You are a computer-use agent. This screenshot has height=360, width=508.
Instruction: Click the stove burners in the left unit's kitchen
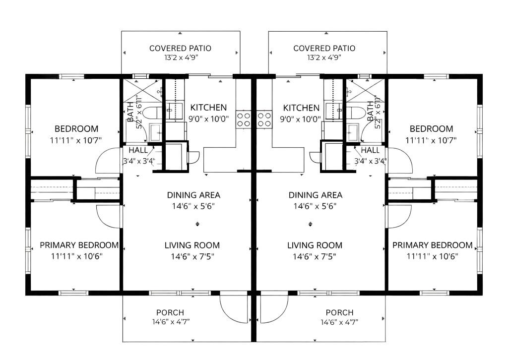tap(244, 120)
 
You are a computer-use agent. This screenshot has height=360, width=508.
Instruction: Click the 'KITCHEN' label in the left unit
tap(208, 107)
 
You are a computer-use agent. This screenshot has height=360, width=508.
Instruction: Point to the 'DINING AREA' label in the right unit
tap(316, 195)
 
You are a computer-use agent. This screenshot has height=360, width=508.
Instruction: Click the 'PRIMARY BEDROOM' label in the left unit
tap(79, 245)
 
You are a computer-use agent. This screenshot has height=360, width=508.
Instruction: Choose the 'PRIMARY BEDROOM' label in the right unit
tap(432, 245)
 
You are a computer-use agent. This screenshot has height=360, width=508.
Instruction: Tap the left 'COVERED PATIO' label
tap(180, 48)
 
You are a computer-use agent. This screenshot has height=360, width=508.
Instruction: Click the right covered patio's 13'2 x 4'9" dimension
tap(324, 58)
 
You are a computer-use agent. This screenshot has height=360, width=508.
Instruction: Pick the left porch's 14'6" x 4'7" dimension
tap(170, 322)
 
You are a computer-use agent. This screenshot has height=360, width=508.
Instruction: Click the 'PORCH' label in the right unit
tap(339, 312)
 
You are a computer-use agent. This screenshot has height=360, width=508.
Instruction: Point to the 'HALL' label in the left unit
tap(138, 150)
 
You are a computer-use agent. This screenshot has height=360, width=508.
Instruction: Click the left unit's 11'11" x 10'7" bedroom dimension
tap(76, 140)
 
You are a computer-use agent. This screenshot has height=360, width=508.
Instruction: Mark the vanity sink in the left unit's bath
tap(155, 131)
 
